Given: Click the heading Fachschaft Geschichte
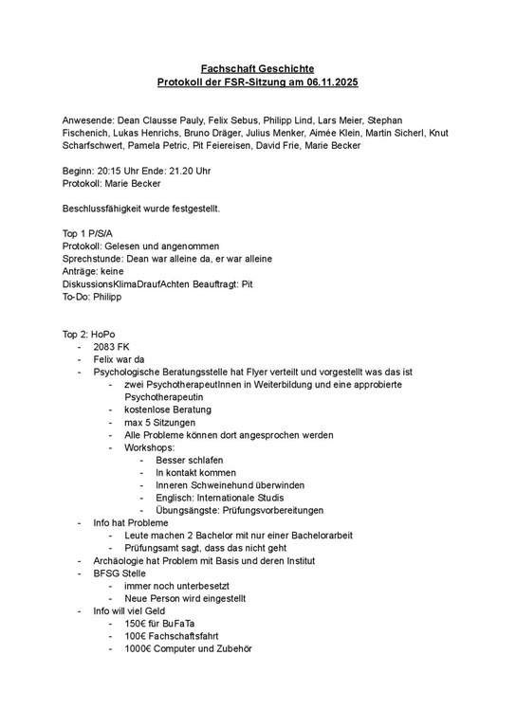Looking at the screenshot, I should [257, 69].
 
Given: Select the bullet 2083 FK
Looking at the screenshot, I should [111, 347].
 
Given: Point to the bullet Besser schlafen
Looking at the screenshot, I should [183, 460].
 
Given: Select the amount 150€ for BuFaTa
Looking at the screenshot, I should [138, 624].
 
